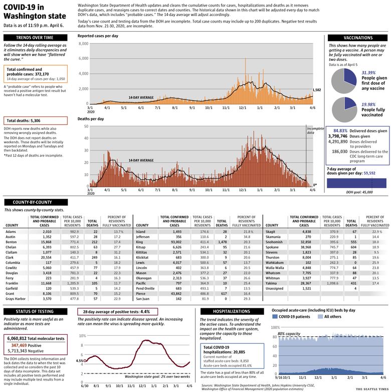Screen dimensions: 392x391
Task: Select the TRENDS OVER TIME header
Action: click(x=35, y=38)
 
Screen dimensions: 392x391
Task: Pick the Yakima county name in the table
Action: click(x=272, y=283)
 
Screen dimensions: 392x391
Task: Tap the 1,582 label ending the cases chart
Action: click(x=317, y=90)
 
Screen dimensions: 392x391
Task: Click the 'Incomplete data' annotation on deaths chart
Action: click(x=315, y=132)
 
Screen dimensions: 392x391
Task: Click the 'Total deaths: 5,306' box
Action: click(x=35, y=121)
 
